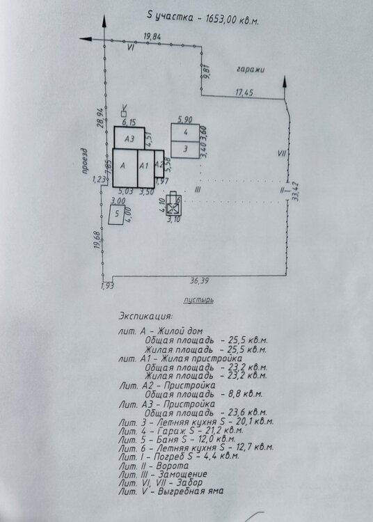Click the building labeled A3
point(129,138)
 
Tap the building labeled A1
point(145,168)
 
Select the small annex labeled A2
point(159,164)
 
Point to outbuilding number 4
point(185,132)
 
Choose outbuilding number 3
point(185,150)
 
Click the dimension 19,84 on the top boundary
point(152,36)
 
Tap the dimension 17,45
point(244,92)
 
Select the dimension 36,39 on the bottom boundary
point(199,280)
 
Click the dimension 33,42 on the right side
point(295,191)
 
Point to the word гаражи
point(251,70)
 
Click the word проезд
point(84,161)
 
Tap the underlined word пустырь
point(198,300)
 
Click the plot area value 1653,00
point(221,19)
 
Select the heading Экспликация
point(145,316)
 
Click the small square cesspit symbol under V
point(124,114)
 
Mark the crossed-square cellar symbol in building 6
point(173,208)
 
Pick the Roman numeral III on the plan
point(198,190)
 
